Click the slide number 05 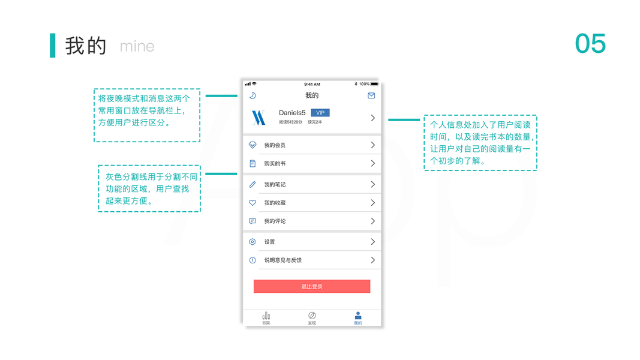click(x=590, y=44)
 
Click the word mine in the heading click(x=137, y=46)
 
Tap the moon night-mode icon click(x=253, y=95)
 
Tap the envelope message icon click(x=371, y=95)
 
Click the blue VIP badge click(x=320, y=113)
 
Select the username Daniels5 click(x=292, y=113)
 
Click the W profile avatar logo click(x=258, y=118)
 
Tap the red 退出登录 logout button click(x=312, y=286)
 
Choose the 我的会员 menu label click(x=275, y=145)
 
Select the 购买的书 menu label click(x=275, y=163)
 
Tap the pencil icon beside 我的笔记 click(x=253, y=184)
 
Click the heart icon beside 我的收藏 click(x=253, y=203)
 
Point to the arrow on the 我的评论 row click(x=372, y=221)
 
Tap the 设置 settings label click(x=269, y=242)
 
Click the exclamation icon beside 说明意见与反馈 click(x=253, y=260)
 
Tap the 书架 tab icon click(x=266, y=316)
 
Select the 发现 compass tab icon click(x=312, y=316)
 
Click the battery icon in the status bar click(x=374, y=84)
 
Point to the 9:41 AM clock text click(x=312, y=84)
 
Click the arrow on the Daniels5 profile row click(x=372, y=118)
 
